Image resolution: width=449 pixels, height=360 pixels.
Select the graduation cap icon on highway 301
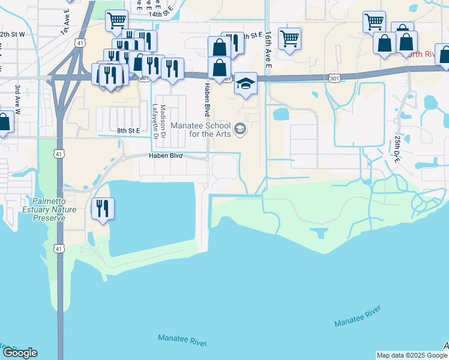(246, 83)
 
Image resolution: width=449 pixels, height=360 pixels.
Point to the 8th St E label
(128, 130)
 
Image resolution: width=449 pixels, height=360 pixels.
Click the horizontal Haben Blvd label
(166, 156)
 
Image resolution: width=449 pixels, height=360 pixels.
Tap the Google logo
(20, 353)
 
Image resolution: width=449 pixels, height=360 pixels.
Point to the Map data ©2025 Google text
(412, 355)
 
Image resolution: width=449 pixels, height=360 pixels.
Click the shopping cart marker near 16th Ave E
(289, 39)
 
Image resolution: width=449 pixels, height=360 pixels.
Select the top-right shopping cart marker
(374, 22)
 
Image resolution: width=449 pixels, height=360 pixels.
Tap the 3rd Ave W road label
(18, 98)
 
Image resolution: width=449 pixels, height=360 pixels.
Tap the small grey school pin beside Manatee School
(240, 129)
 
